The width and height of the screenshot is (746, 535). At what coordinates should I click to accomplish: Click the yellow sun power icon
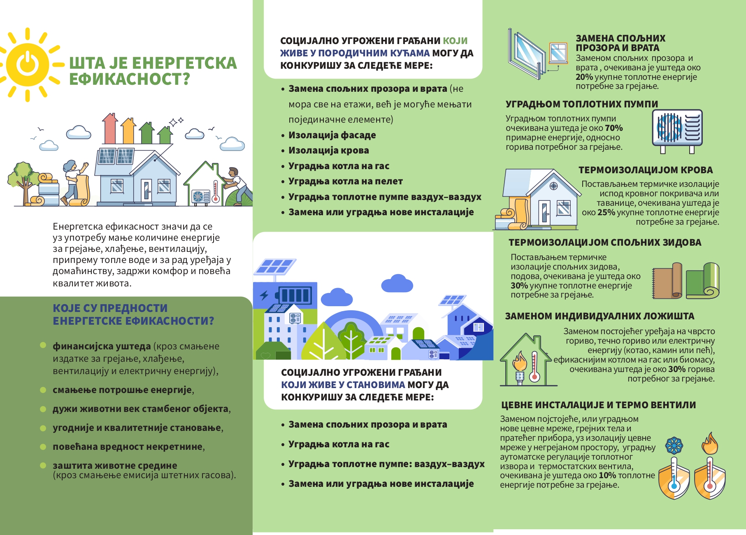pos(28,65)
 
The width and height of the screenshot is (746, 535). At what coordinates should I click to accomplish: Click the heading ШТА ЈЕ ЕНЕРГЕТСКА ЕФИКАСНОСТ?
pos(153,71)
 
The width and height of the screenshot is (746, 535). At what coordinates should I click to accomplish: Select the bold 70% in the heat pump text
pos(614,128)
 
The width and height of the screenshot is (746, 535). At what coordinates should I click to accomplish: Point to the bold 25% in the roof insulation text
pos(607,212)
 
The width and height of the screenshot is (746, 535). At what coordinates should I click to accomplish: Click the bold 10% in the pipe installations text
pos(607,475)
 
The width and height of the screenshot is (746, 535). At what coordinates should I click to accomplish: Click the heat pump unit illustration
pos(677,128)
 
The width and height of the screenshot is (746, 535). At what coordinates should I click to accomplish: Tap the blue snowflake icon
pos(674,445)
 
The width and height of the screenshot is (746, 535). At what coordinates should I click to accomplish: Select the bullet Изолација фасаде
pos(332,135)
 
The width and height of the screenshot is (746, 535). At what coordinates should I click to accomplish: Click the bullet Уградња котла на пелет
pos(345,181)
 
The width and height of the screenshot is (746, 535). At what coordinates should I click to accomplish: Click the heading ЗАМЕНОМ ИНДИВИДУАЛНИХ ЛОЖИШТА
pos(600,316)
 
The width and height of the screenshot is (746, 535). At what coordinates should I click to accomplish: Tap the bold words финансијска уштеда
pos(102,346)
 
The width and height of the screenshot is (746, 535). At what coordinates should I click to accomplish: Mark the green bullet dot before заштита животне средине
pos(43,465)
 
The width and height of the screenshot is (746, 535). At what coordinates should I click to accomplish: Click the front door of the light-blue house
pos(146,190)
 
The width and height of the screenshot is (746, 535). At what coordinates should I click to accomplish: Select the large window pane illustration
pos(527,52)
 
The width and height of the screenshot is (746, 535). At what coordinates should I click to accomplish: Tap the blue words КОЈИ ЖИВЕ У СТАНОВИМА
pos(343,385)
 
